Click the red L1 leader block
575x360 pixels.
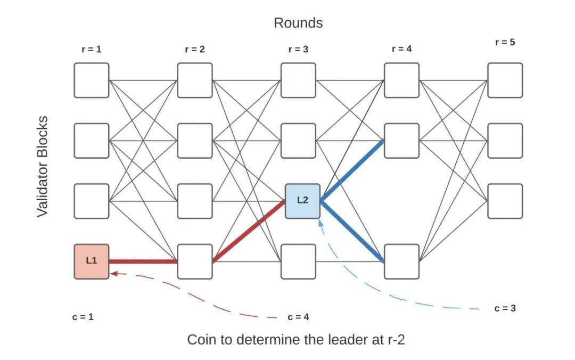coord(92,261)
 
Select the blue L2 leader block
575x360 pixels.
coord(302,200)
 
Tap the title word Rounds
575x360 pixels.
coord(298,23)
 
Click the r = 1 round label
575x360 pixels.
coord(91,49)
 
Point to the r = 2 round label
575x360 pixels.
coord(195,49)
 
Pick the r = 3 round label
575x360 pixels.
coord(298,49)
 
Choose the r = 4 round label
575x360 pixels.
coord(401,48)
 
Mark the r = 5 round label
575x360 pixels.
coord(505,42)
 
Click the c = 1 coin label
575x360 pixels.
coord(83,317)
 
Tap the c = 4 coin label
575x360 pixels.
coord(298,317)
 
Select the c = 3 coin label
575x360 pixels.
coord(505,308)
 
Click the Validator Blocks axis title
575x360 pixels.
coord(43,166)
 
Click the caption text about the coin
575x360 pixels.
coord(295,340)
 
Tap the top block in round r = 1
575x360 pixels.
coord(92,80)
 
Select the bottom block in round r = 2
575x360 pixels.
coord(195,261)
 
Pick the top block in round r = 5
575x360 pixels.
coord(505,80)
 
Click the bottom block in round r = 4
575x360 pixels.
coord(401,261)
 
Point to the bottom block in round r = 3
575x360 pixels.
coord(298,261)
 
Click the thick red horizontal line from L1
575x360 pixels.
coord(143,261)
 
